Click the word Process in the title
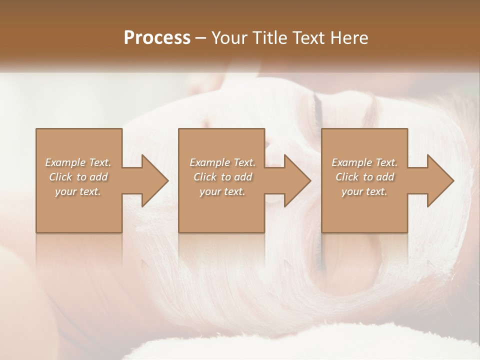(x=157, y=38)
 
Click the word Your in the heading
(x=228, y=38)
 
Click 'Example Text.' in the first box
(x=78, y=162)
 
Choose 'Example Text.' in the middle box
(x=222, y=162)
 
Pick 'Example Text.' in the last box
(x=364, y=162)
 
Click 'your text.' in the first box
(x=78, y=191)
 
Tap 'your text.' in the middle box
(x=222, y=191)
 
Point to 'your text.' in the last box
(x=364, y=191)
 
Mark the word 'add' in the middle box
(x=242, y=177)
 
